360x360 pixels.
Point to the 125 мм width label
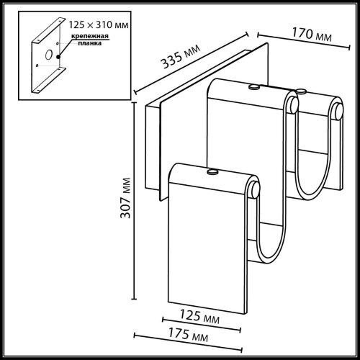point(200,316)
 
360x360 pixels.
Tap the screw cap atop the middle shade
point(253,87)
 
